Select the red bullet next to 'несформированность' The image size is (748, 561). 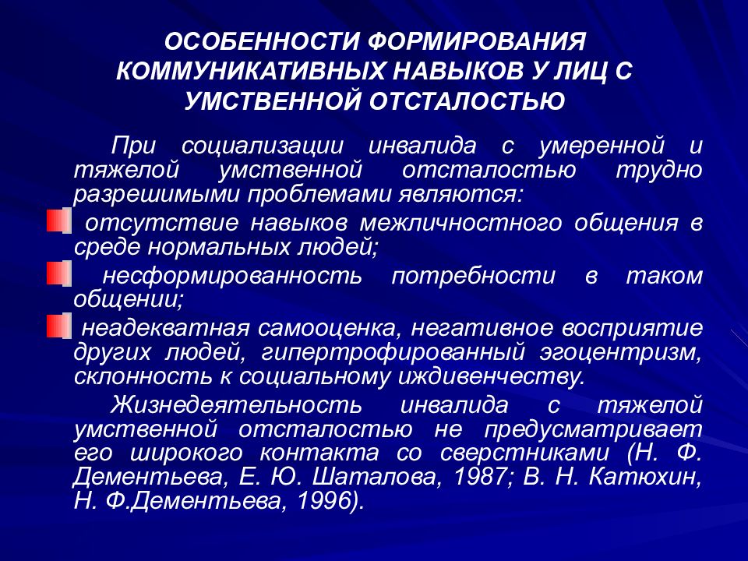(57, 273)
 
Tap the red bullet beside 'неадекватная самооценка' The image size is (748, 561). (57, 326)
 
